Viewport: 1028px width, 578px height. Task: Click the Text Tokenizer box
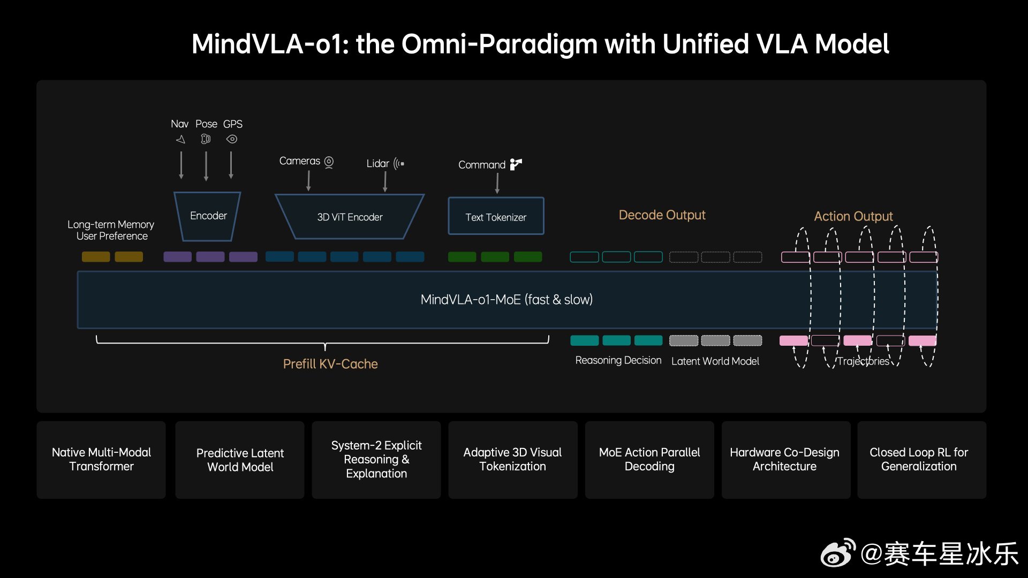[x=496, y=216]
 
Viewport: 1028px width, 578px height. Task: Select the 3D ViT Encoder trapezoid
[x=350, y=217]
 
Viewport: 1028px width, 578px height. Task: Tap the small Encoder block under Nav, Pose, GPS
[x=208, y=216]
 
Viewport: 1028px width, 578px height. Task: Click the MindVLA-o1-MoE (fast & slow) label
[x=507, y=300]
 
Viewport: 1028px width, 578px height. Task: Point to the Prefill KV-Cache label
[x=330, y=364]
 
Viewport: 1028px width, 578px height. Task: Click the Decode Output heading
[x=662, y=215]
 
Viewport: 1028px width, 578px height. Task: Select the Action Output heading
[x=853, y=216]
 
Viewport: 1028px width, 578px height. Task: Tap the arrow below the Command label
[x=497, y=183]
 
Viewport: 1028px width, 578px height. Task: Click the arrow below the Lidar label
[x=385, y=182]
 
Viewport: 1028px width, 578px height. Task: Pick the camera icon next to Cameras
[x=329, y=162]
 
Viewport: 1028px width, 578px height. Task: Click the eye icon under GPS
[x=232, y=139]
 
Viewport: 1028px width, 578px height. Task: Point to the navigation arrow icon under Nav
[x=180, y=140]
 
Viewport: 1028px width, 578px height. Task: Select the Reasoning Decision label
[x=618, y=361]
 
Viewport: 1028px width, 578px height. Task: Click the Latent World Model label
[x=715, y=361]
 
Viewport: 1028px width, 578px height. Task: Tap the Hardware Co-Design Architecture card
[x=785, y=460]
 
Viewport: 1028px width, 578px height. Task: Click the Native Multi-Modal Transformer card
[x=101, y=460]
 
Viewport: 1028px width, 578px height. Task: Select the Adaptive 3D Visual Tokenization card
[x=513, y=460]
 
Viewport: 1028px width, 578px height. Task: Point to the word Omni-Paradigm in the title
[x=500, y=44]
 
